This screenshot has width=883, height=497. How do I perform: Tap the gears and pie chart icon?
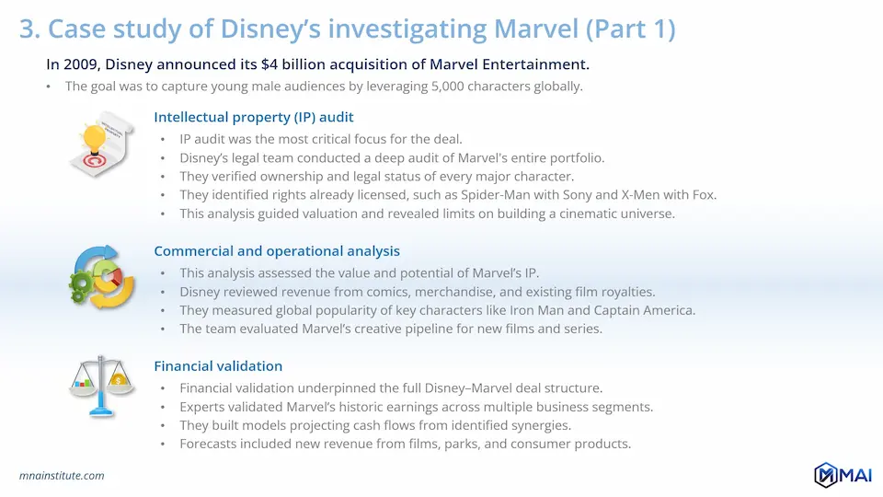[101, 277]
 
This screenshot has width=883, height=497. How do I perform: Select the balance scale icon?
[101, 387]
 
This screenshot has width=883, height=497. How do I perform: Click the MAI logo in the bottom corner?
[843, 475]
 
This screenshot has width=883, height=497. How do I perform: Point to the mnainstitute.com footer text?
[62, 476]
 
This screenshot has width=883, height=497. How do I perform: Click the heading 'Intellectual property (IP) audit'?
[254, 117]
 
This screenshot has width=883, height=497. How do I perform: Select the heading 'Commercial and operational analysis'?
[277, 251]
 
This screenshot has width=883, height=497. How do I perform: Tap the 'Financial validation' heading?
[218, 366]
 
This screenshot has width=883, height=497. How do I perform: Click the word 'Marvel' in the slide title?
[535, 29]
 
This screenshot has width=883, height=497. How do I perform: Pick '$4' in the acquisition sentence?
[269, 64]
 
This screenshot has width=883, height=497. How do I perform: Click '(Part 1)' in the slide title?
[630, 29]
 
